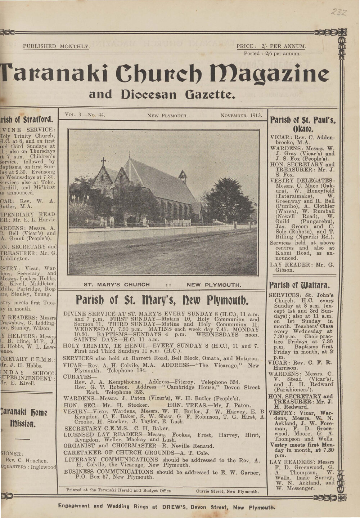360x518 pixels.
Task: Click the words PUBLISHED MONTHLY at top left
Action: [56, 46]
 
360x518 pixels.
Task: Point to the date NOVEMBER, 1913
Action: [241, 115]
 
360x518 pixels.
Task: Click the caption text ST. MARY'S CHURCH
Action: [117, 285]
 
